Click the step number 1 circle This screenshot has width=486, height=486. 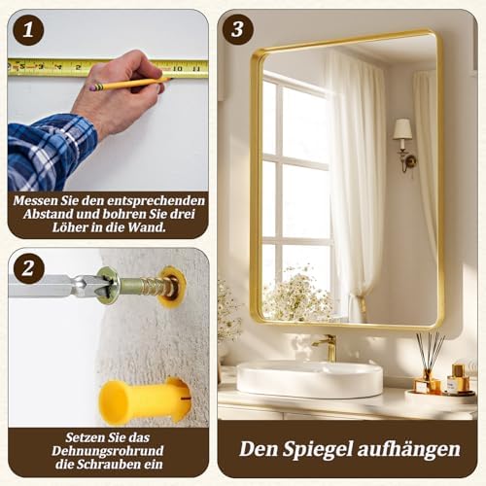point(28,29)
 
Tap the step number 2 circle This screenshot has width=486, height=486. point(28,268)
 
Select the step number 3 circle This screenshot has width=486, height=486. point(237,29)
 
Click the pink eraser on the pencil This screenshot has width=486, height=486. point(94,87)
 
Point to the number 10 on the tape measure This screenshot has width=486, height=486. point(177,68)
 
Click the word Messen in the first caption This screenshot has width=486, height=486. point(36,201)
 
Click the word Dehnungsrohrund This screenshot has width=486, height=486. point(108,451)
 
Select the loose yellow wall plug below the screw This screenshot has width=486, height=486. point(143,401)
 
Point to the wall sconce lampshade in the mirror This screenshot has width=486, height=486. point(402,129)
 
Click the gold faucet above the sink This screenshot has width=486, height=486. point(328,347)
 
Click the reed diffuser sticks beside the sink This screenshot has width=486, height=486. point(429,352)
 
